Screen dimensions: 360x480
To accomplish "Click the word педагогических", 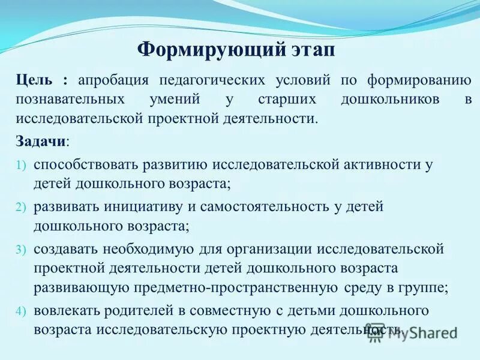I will (x=211, y=81).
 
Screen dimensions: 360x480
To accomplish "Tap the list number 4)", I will (x=21, y=311).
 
